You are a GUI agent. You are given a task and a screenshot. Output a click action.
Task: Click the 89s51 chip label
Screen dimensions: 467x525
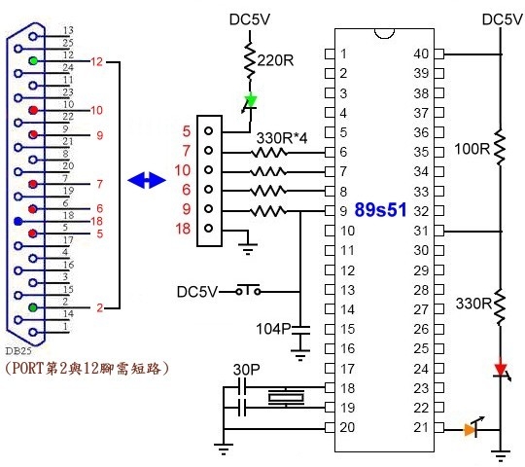point(383,209)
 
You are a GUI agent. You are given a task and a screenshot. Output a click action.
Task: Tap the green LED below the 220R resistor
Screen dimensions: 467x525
point(250,99)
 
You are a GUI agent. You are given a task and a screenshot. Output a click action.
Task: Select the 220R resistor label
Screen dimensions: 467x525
point(275,60)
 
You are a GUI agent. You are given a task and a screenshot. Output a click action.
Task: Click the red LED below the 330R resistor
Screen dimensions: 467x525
point(501,370)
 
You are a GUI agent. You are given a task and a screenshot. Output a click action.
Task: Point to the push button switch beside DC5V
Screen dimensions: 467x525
point(256,290)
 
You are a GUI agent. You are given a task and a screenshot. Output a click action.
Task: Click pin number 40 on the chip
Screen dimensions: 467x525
point(420,54)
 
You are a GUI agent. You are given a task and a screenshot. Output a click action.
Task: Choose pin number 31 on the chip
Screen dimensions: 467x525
point(420,231)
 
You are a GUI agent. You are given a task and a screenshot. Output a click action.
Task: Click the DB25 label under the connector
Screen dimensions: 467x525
point(17,348)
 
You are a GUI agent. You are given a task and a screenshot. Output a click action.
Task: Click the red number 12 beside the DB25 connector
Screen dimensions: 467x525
point(97,61)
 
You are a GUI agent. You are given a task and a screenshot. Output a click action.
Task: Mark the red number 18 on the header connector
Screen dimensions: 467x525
point(183,230)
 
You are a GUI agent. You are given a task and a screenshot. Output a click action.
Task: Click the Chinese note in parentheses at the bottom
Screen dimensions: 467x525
point(87,368)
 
